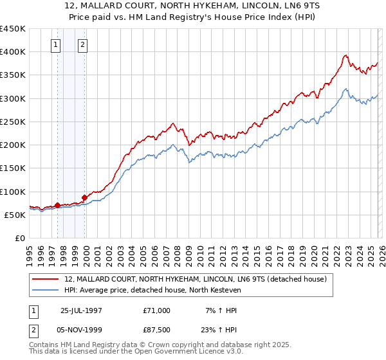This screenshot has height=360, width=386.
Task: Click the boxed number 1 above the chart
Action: [x=55, y=44]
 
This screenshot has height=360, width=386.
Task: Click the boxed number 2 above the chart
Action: [x=84, y=44]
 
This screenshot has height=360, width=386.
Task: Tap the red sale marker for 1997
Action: [x=58, y=205]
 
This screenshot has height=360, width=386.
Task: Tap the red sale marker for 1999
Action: [x=84, y=197]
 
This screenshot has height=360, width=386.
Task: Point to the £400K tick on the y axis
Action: [x=13, y=52]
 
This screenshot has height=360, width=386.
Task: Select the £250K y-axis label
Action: [x=13, y=122]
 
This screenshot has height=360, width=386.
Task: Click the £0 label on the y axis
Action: [x=19, y=238]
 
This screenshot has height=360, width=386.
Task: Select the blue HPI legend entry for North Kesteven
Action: [x=152, y=290]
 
